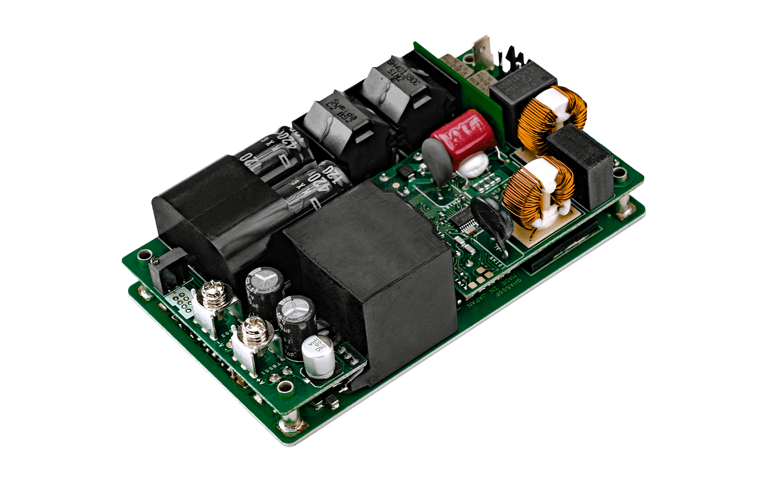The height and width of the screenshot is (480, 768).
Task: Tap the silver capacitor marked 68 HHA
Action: click(x=318, y=354)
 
